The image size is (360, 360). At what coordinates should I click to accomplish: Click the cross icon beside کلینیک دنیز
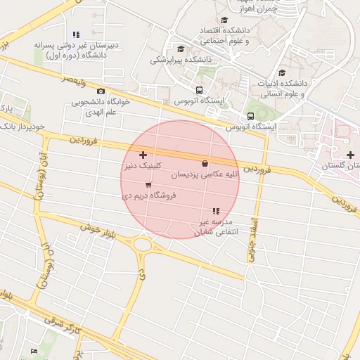[x=143, y=155]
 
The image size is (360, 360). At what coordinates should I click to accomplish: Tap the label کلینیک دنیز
[x=144, y=167]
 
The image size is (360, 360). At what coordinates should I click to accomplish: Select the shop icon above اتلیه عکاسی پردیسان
[x=205, y=163]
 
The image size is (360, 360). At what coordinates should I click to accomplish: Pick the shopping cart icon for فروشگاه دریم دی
[x=148, y=185]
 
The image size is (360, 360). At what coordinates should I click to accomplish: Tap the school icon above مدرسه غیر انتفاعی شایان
[x=216, y=211]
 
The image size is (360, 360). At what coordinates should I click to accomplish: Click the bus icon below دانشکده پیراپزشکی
[x=200, y=90]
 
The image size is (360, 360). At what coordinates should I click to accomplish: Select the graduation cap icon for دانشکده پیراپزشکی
[x=181, y=49]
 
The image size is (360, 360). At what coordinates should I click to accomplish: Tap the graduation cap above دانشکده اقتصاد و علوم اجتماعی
[x=224, y=20]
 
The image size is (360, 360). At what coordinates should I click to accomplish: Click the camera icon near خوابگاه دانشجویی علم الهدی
[x=101, y=91]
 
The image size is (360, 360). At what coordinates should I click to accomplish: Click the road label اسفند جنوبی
[x=250, y=240]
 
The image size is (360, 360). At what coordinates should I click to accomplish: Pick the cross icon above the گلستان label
[x=350, y=154]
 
